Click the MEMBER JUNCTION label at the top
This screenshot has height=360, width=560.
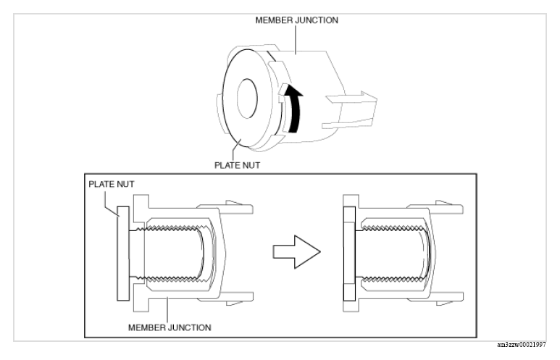296,20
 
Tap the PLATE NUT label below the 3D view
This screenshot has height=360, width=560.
237,165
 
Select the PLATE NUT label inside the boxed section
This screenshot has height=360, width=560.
112,184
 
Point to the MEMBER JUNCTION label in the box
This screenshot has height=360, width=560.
170,327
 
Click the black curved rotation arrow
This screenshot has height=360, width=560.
295,108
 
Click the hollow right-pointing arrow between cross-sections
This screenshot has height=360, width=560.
296,252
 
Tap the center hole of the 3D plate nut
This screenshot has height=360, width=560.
247,99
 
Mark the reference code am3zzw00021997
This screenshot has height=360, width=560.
522,345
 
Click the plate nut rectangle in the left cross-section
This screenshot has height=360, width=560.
123,254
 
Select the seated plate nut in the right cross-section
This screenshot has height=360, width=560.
349,254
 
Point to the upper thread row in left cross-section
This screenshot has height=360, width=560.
173,228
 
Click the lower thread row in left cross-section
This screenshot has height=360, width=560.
173,278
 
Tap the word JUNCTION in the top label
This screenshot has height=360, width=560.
317,20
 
